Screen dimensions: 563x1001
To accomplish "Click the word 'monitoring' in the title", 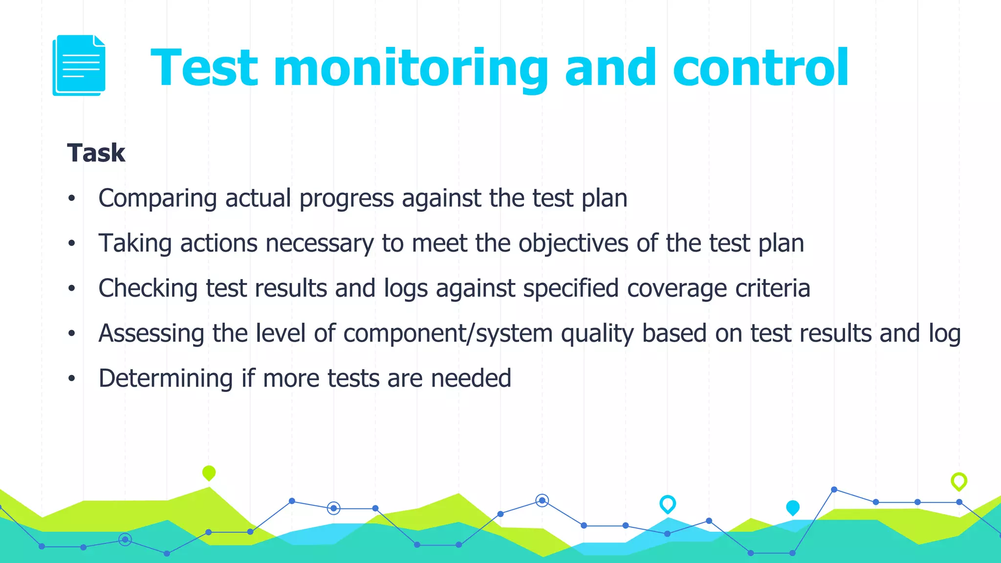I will click(411, 68).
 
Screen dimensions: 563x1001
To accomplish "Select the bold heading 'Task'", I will click(96, 153).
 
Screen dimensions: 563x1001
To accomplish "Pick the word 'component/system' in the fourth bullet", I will click(448, 334).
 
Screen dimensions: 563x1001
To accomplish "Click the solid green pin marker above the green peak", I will click(209, 473).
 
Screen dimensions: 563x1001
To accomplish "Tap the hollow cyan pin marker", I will click(667, 503).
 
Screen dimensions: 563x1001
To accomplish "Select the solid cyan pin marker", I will click(792, 508).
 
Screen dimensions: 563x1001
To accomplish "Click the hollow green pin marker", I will click(958, 481).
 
